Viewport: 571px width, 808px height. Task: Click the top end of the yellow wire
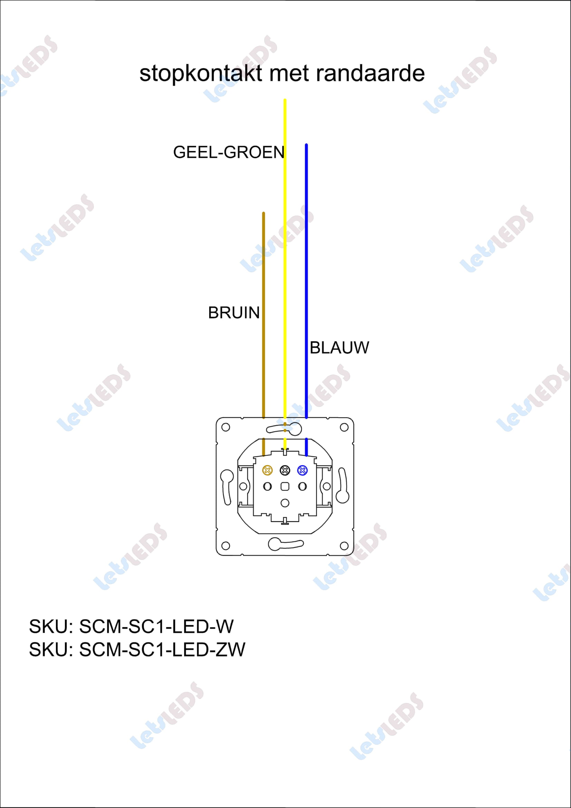click(x=285, y=100)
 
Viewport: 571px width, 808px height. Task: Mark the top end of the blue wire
click(x=306, y=145)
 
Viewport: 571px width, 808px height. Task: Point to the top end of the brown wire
click(x=264, y=213)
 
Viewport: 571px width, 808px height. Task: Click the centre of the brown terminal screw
click(x=268, y=470)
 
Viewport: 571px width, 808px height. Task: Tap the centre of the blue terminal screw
click(x=302, y=470)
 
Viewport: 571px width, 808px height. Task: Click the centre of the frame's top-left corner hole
click(x=226, y=427)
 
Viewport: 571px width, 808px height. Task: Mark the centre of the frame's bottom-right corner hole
click(x=344, y=546)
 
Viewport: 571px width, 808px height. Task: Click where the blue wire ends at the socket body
click(x=306, y=456)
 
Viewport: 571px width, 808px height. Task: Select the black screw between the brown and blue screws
click(x=285, y=470)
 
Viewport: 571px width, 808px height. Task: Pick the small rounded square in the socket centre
click(x=285, y=486)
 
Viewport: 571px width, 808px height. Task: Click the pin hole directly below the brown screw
click(x=268, y=486)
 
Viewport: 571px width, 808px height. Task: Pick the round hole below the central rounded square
click(x=285, y=503)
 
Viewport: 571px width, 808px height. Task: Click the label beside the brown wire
click(x=234, y=313)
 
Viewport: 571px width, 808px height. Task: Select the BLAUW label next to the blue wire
click(x=339, y=348)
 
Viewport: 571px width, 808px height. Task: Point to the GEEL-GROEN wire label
click(x=229, y=152)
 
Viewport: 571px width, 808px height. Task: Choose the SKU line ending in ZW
click(x=137, y=650)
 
